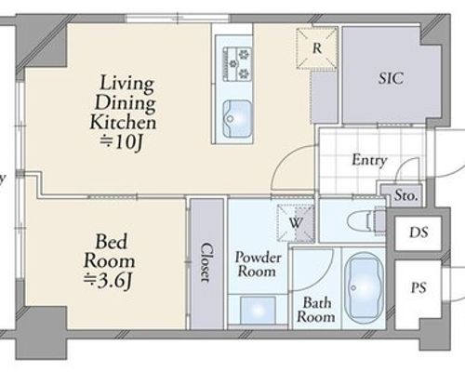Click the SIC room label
coord(391,78)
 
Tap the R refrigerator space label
coord(317,48)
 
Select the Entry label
coord(369,160)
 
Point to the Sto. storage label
coord(405,195)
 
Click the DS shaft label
coord(418,232)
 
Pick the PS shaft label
coord(418,287)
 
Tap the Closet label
coord(207,262)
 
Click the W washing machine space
coord(296,223)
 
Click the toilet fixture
coord(366,221)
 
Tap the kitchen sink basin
coord(237,118)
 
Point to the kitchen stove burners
coord(237,64)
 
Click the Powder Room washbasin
coord(258,311)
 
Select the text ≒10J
coord(121,142)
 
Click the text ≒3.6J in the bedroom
coord(108,281)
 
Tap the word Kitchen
coord(123,123)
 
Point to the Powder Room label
coord(258,264)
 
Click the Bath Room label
coord(316,310)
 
